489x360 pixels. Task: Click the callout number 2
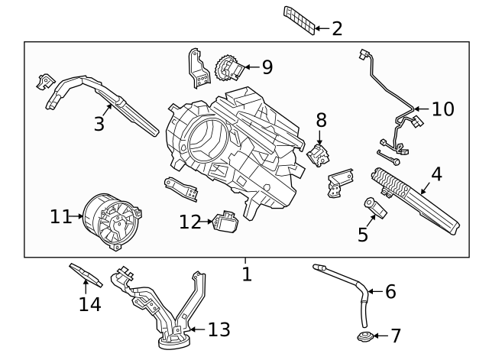(x=337, y=29)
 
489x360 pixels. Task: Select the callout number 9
(x=267, y=67)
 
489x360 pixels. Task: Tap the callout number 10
(x=442, y=109)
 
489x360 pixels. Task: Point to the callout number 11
(x=60, y=218)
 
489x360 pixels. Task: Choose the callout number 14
(x=89, y=304)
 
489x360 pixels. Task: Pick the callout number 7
(x=395, y=336)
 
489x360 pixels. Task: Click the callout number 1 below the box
(x=246, y=274)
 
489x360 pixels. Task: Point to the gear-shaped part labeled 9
(x=227, y=69)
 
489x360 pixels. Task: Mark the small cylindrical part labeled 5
(x=374, y=207)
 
